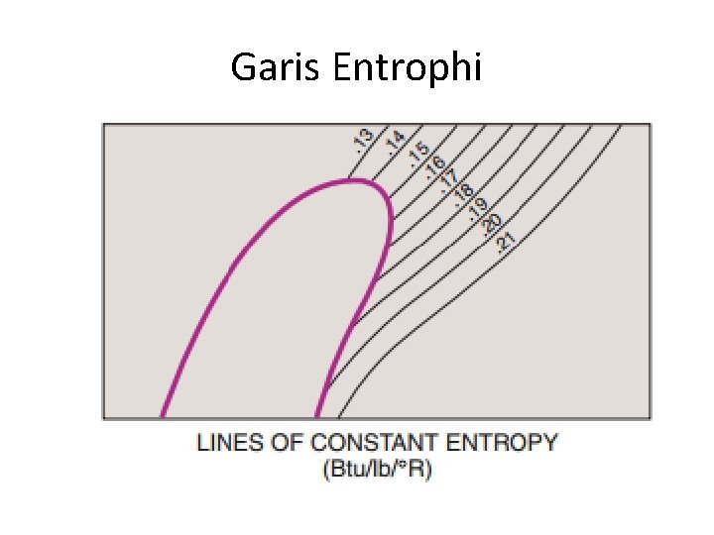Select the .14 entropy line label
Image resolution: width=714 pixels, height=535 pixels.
coord(395,142)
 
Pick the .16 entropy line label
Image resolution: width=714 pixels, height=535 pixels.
coord(435,167)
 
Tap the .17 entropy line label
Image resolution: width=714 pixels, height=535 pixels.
coord(449,181)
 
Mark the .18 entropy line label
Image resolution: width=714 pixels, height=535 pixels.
coord(463,195)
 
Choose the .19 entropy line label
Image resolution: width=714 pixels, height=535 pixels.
coord(478,209)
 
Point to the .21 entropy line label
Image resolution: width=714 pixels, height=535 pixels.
coord(506,239)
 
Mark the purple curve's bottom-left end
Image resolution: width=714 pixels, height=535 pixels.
coord(162,416)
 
